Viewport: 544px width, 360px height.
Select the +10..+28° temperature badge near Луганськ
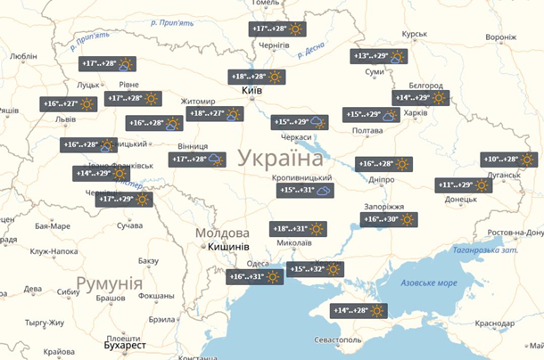pos(508,160)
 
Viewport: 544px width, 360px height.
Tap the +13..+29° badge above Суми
pos(379,56)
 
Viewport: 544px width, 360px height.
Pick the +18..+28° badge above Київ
pos(256,77)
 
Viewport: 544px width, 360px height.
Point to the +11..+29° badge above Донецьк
pos(464,185)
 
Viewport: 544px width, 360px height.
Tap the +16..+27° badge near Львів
pos(68,104)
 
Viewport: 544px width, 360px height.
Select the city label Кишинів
pos(228,246)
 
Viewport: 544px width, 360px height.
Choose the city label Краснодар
pos(496,323)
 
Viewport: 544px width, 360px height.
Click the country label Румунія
pos(110,283)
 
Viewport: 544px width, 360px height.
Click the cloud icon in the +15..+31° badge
pos(323,191)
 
